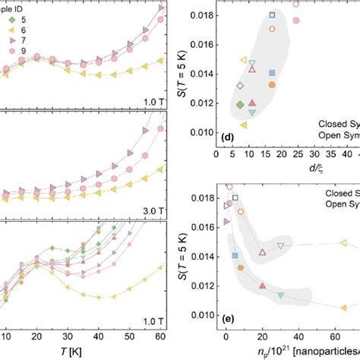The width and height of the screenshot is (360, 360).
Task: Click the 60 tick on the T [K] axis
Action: (x=159, y=337)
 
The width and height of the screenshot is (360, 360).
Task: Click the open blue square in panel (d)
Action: (x=273, y=15)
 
